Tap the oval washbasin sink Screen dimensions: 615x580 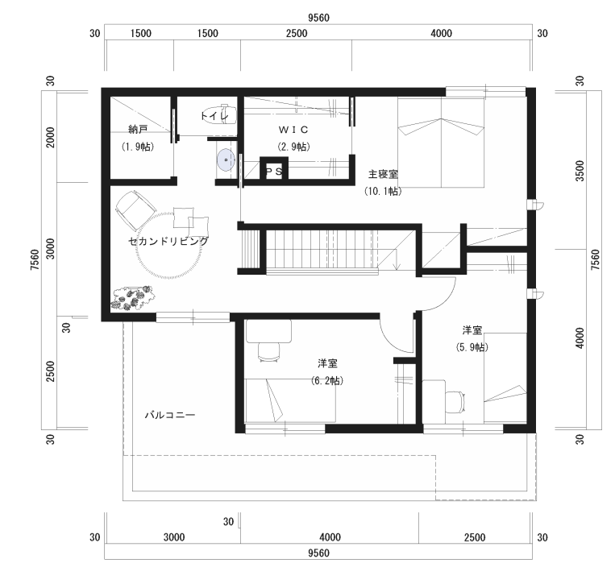click(226, 159)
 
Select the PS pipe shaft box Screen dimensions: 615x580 click(274, 168)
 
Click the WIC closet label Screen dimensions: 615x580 click(293, 130)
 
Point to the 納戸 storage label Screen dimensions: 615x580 click(138, 129)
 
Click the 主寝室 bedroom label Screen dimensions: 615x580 click(383, 174)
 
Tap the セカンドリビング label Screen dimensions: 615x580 click(168, 241)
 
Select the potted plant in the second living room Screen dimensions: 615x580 click(131, 298)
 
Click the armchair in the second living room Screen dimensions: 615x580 click(135, 210)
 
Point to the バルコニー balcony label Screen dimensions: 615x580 click(170, 415)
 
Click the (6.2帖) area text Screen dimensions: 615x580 click(327, 380)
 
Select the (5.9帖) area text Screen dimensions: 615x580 click(472, 347)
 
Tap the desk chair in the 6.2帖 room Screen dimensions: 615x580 click(268, 351)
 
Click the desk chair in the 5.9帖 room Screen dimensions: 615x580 click(455, 402)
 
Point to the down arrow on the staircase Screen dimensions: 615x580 click(397, 261)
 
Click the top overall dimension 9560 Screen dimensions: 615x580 click(318, 18)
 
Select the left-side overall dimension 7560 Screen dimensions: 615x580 click(35, 260)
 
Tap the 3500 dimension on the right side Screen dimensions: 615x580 click(580, 171)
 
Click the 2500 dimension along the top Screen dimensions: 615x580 click(297, 33)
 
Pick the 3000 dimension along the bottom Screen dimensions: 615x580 click(174, 537)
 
